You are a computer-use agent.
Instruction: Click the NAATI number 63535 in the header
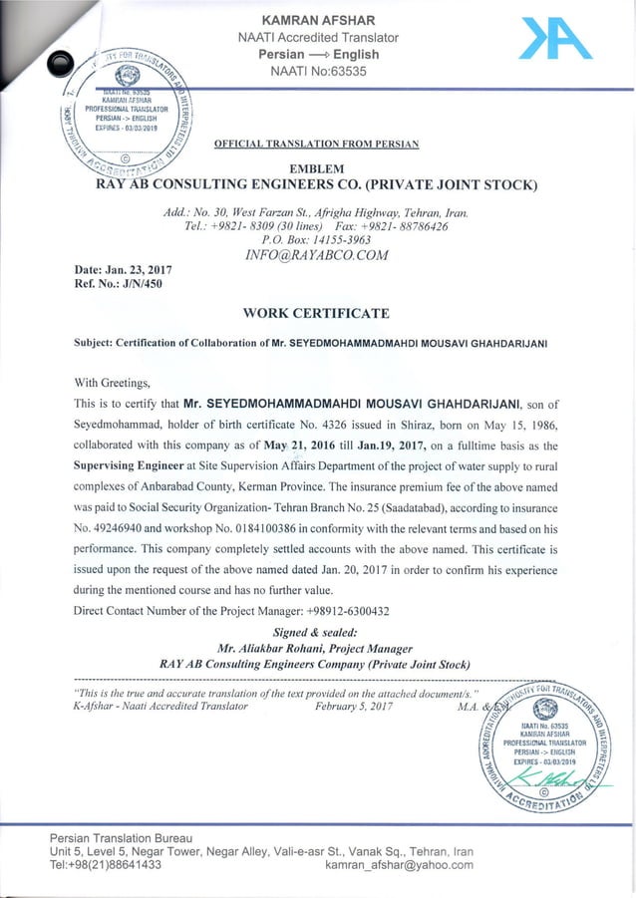(x=341, y=72)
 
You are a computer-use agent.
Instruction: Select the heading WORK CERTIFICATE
(x=316, y=314)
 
